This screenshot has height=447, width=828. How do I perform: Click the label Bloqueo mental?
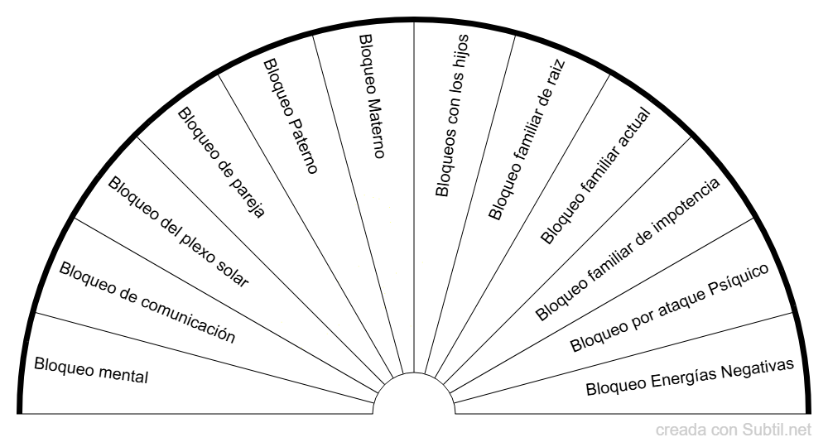point(91,371)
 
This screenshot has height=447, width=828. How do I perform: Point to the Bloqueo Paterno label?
point(291,116)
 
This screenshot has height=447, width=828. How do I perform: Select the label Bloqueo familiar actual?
point(595,176)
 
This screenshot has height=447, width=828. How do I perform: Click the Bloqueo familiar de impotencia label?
point(628,248)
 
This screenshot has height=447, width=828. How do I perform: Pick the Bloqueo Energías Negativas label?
point(690,377)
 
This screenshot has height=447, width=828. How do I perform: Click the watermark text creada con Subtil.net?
point(734,430)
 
